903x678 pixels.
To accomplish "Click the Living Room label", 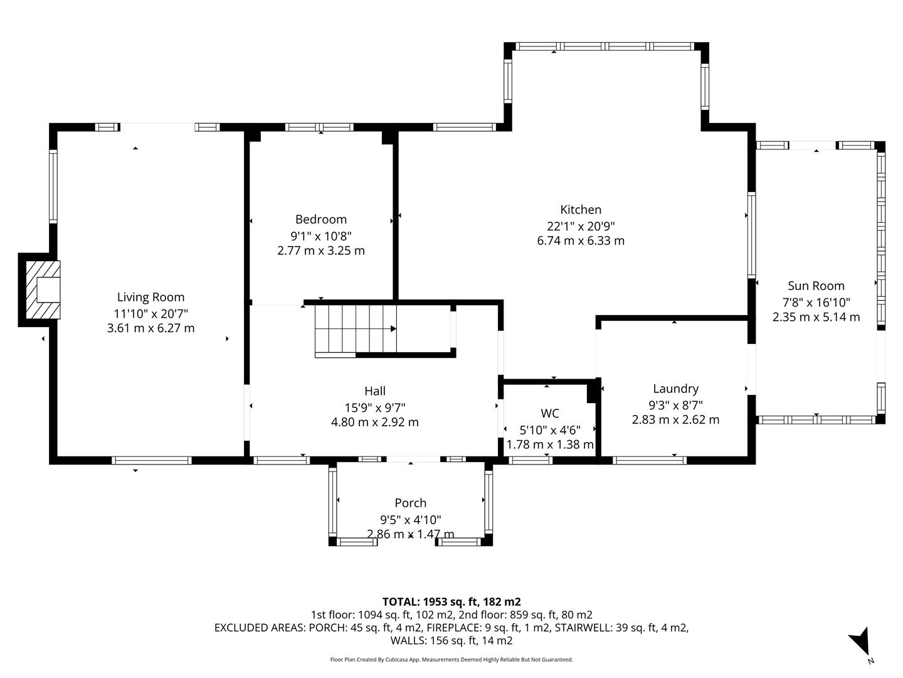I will (x=150, y=297).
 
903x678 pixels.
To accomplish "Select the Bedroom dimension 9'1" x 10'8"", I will (x=320, y=236).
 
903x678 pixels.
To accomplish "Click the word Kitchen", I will (x=581, y=210).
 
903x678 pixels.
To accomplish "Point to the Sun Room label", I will (x=816, y=286).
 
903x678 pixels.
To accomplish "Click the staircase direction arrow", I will (x=393, y=328).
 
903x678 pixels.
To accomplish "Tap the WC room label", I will (x=550, y=413).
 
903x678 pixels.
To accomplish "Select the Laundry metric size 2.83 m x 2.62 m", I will (x=675, y=419).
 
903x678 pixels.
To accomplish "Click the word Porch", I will (x=410, y=503).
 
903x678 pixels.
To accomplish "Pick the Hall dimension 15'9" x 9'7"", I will (x=375, y=407).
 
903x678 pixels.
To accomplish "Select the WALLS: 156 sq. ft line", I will (x=451, y=640).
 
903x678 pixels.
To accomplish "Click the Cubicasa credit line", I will (x=451, y=659).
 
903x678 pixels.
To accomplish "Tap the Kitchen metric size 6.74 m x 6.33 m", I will (x=581, y=240).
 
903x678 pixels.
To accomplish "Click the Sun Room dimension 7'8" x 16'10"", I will (x=816, y=302).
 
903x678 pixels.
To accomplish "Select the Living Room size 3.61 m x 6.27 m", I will (x=150, y=328).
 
